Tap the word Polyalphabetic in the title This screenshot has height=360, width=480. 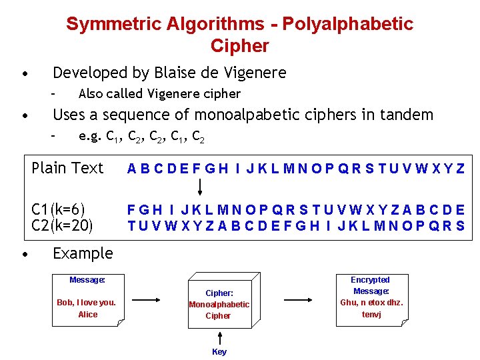tap(347, 24)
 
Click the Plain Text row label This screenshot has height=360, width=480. tap(67, 168)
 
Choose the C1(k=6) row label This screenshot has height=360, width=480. tap(59, 209)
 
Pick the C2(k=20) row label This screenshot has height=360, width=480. tap(62, 225)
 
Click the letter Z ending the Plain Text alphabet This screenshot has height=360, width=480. tap(460, 169)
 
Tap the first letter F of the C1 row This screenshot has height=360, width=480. tap(133, 209)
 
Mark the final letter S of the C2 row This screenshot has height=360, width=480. tap(460, 225)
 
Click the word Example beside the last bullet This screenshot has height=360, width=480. tap(83, 253)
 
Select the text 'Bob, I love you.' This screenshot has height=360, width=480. tap(87, 303)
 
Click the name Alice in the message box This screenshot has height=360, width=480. tap(87, 315)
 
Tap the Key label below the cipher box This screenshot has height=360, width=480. tap(219, 352)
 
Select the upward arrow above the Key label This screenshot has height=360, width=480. tap(219, 337)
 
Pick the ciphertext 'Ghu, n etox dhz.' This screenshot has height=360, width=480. tap(371, 303)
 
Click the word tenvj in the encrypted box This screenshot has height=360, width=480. tap(371, 314)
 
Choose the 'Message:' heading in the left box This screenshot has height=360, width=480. tap(87, 280)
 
